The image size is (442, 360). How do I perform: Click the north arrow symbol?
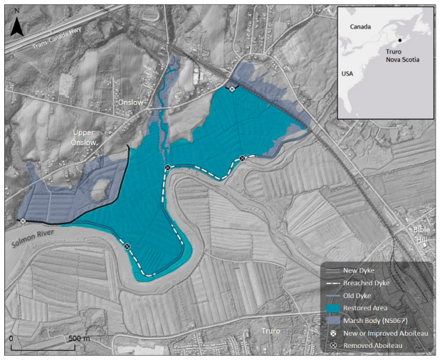19,26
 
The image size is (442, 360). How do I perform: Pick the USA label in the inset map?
348,74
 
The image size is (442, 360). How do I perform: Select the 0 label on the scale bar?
12,339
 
